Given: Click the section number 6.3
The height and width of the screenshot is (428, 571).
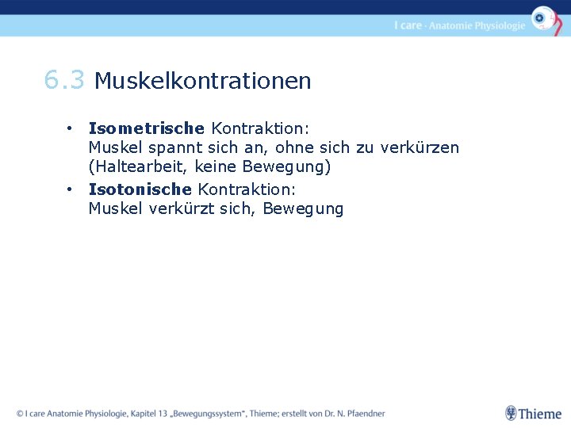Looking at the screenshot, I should (x=63, y=80).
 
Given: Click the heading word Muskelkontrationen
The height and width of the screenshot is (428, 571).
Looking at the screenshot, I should (x=202, y=81).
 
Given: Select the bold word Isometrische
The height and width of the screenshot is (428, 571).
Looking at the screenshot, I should (x=147, y=128).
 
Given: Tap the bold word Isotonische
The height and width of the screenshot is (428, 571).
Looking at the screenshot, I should (x=140, y=189).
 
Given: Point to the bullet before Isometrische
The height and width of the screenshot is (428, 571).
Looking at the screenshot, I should (x=71, y=128).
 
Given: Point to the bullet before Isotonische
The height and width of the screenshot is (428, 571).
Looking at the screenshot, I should (x=71, y=189).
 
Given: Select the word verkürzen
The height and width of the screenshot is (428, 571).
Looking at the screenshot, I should (x=420, y=147).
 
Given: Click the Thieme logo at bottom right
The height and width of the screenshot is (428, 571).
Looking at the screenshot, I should (x=533, y=413).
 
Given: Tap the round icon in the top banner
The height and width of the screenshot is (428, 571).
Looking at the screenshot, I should (x=543, y=17).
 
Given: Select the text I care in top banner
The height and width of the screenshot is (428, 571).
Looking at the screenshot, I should (x=408, y=25).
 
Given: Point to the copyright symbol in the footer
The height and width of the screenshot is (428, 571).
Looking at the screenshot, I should (x=20, y=413).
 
